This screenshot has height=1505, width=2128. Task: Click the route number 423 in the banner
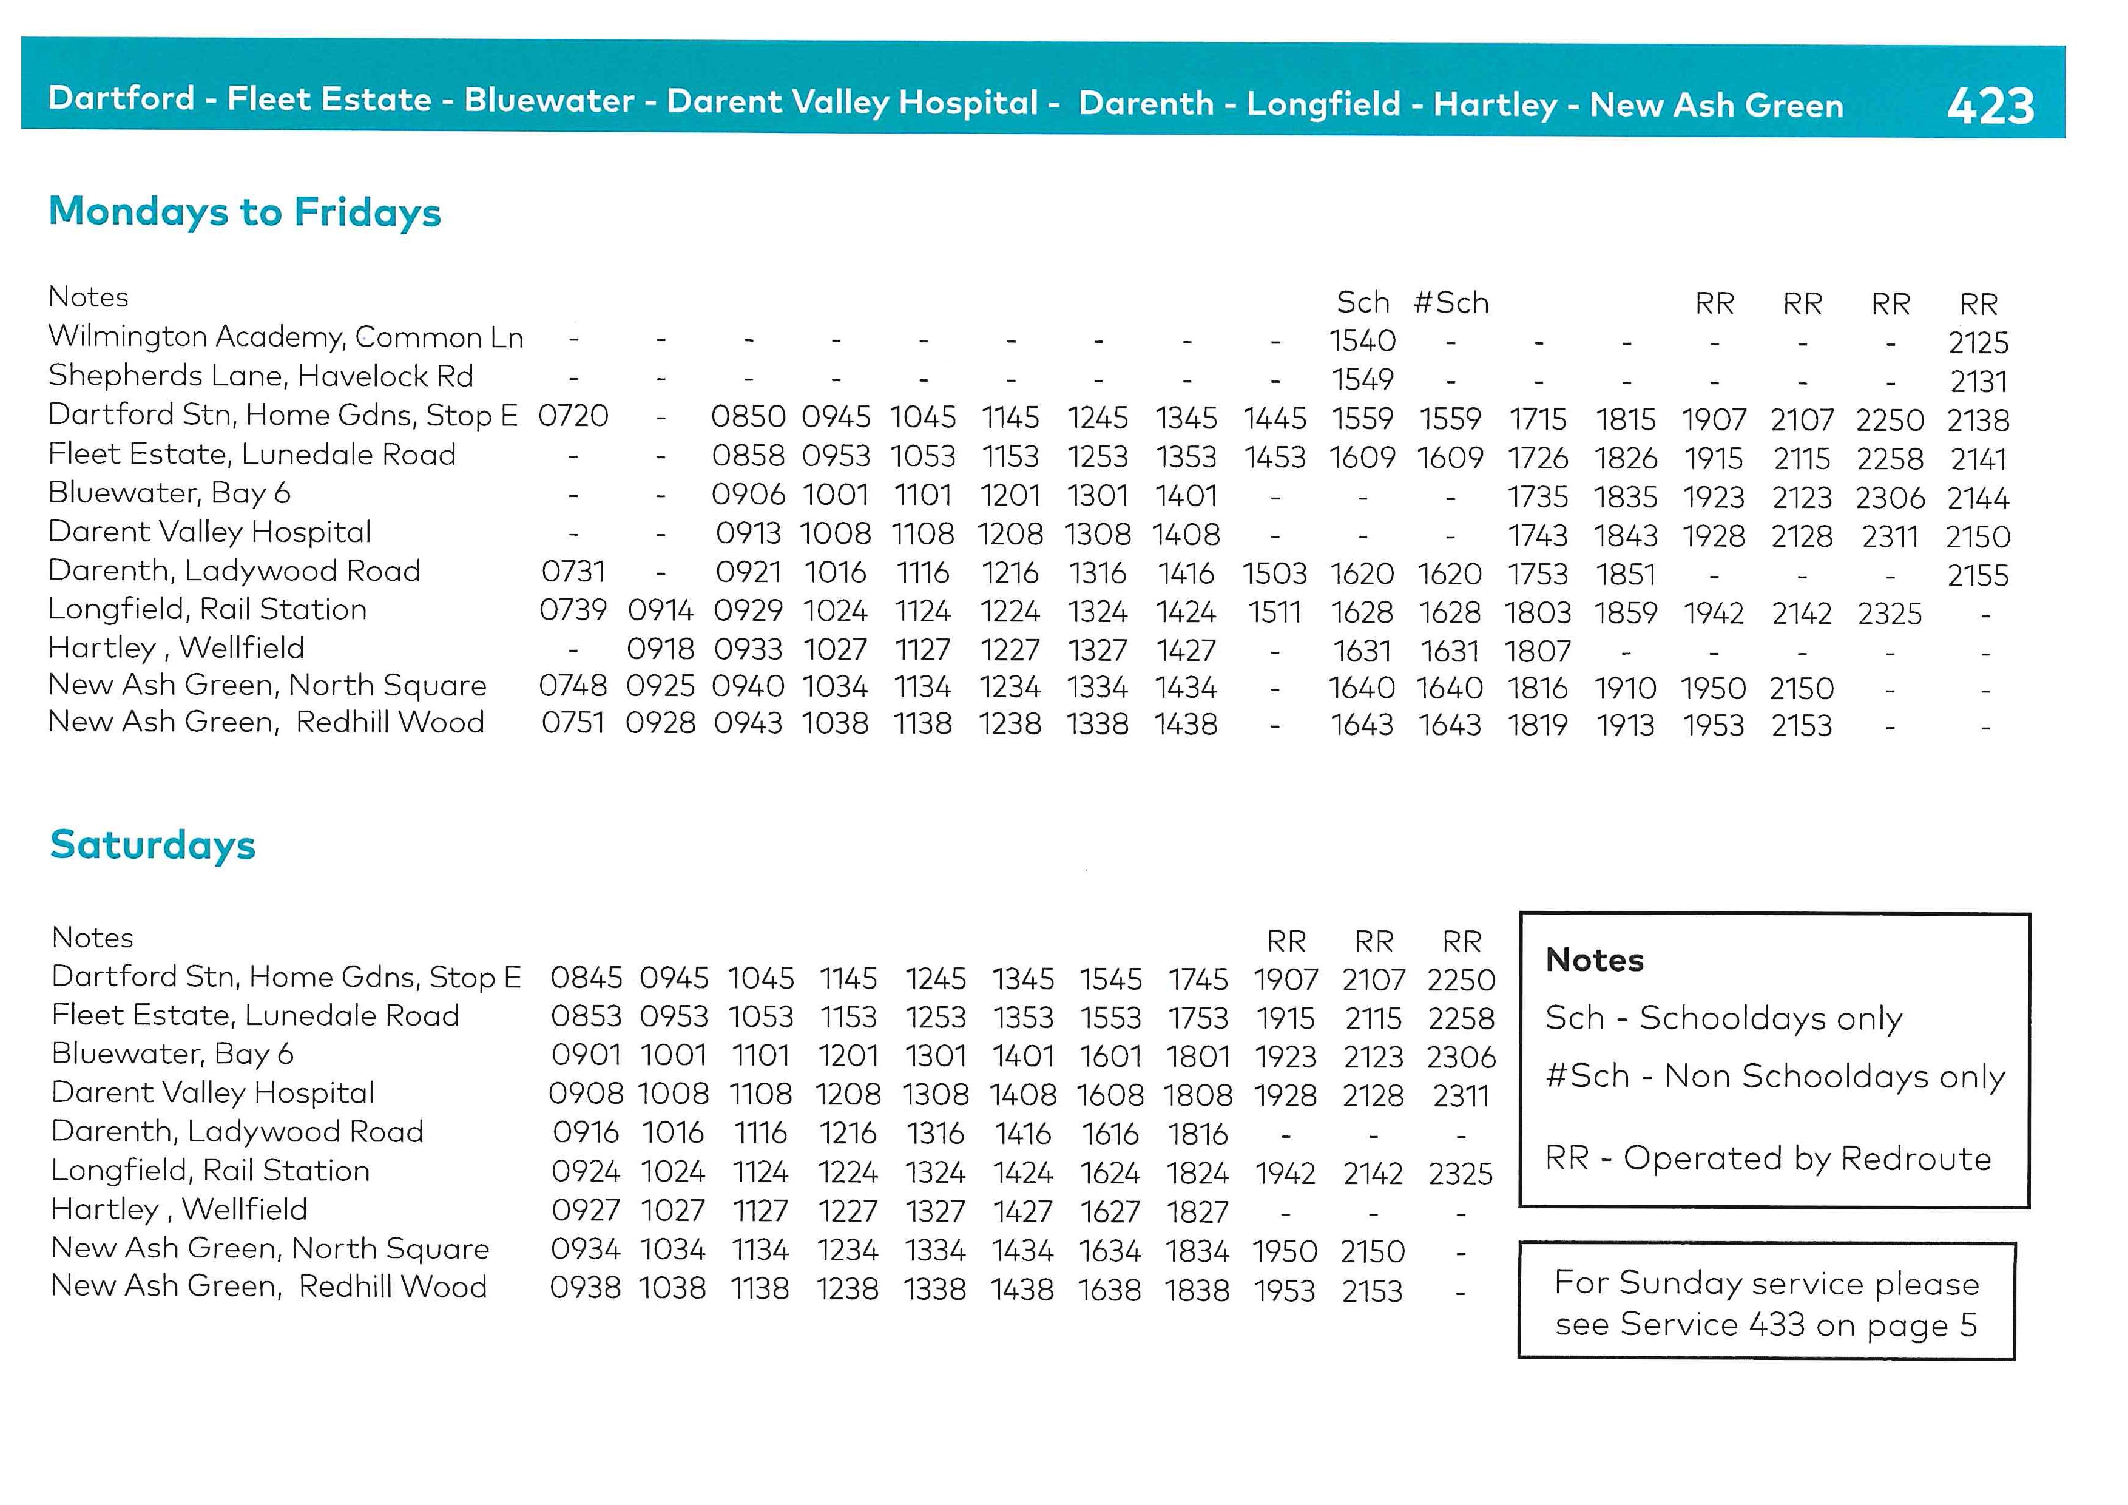(x=1990, y=106)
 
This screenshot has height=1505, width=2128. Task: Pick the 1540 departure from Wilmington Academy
(x=1362, y=341)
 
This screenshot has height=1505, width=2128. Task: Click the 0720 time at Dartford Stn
(x=573, y=416)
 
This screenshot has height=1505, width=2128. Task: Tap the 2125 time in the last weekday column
(x=1978, y=343)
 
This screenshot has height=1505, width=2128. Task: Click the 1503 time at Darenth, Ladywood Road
(x=1274, y=573)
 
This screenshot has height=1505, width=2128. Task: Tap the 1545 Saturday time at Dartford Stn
(x=1110, y=979)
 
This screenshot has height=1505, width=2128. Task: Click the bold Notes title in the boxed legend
(x=1594, y=960)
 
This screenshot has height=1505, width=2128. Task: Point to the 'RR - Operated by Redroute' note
(x=1768, y=1158)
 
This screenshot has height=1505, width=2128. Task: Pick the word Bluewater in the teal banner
(x=549, y=100)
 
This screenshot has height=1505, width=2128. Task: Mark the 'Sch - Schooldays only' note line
(x=1723, y=1018)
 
